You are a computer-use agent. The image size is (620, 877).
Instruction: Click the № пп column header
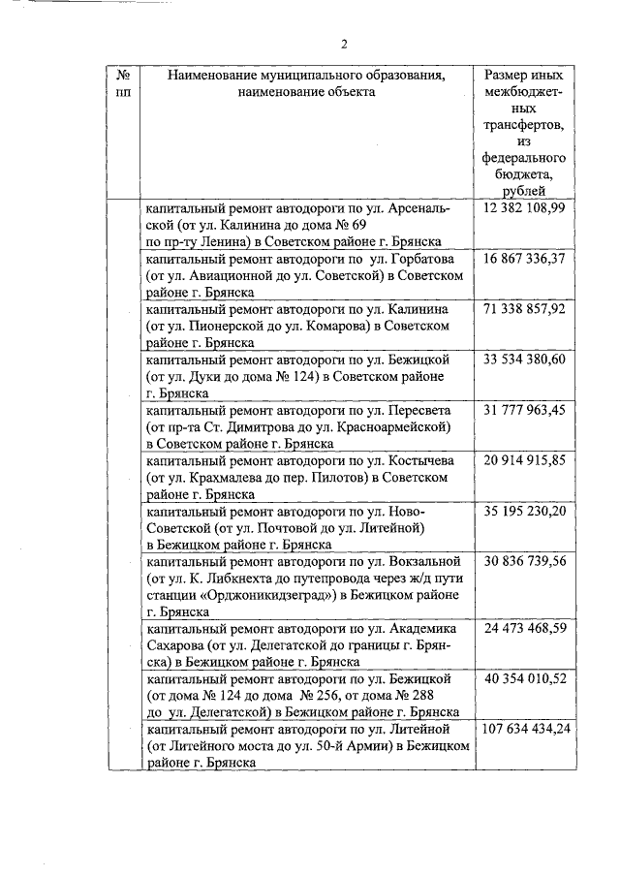[124, 83]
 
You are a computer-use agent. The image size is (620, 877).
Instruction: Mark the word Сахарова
[172, 645]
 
